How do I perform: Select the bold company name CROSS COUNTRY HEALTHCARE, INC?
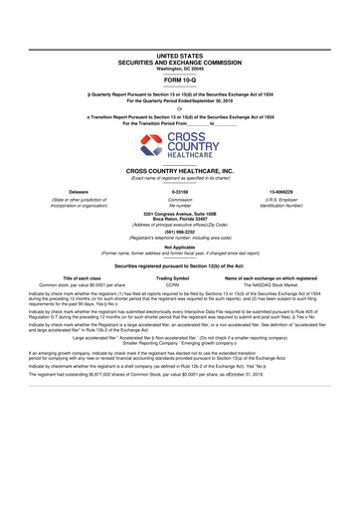[x=179, y=171]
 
